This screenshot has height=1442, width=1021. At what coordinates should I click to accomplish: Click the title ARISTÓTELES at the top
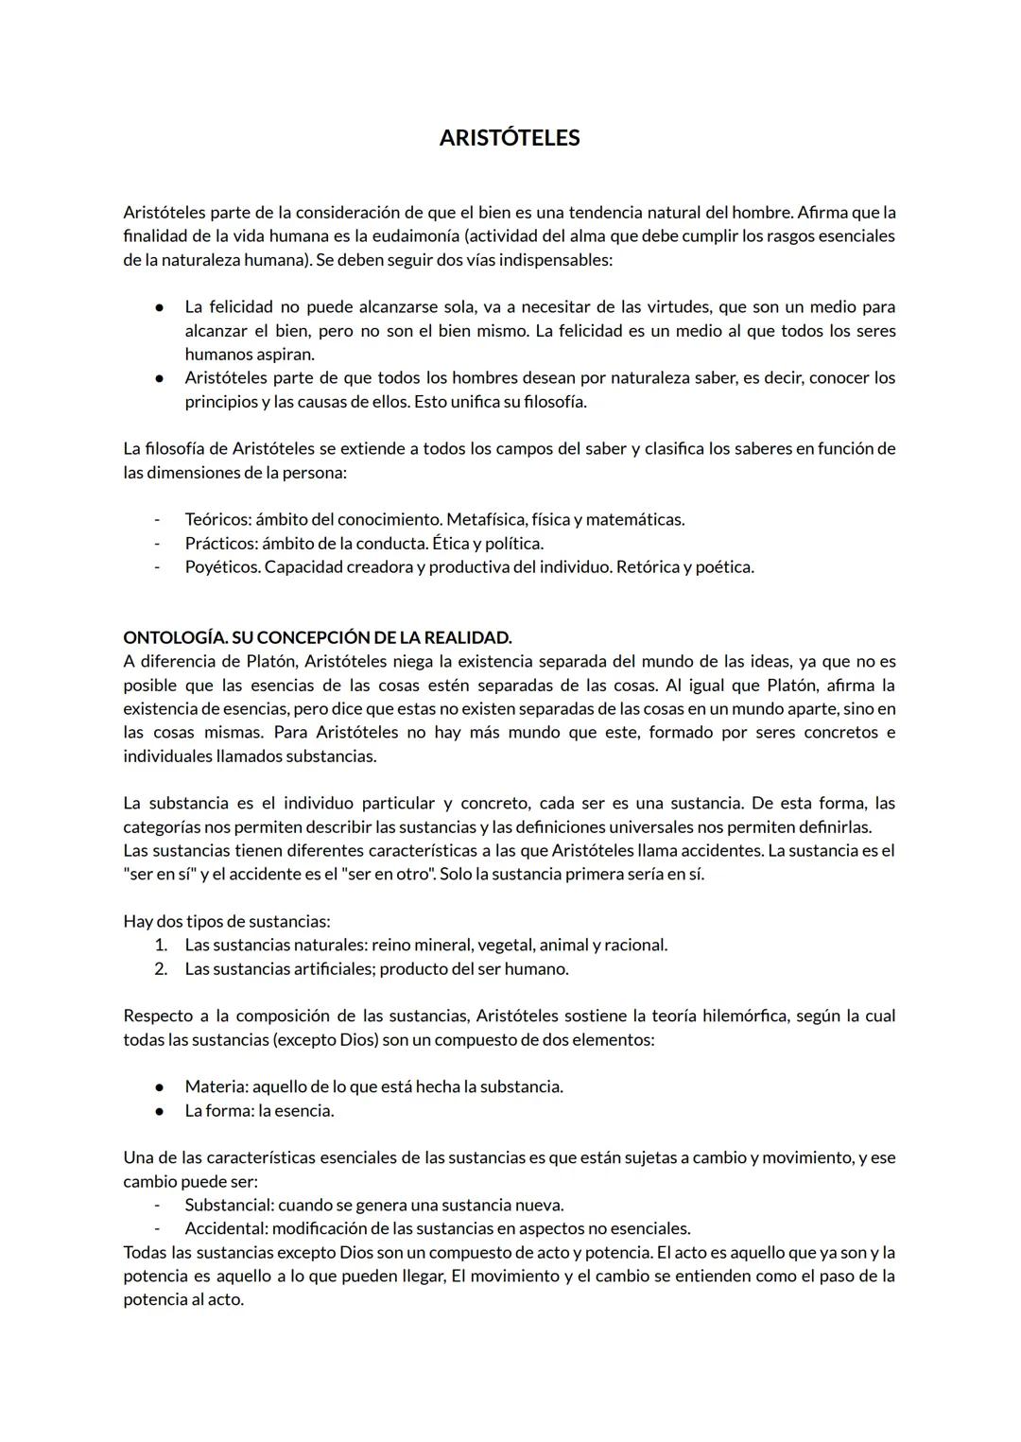510,138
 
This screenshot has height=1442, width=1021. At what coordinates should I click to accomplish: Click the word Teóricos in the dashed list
217,519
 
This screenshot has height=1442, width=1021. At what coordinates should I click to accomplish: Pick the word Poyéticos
222,566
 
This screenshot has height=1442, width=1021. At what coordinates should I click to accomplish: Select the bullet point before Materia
161,1086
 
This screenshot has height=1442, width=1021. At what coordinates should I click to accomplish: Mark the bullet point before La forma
161,1110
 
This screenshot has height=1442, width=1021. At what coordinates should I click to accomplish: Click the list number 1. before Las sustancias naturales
161,945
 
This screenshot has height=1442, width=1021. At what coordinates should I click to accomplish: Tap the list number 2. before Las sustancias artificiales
161,968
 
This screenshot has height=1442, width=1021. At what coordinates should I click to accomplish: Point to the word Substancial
229,1205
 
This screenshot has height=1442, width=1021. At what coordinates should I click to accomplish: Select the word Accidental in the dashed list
226,1228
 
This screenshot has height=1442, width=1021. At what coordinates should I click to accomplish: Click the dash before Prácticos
158,543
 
